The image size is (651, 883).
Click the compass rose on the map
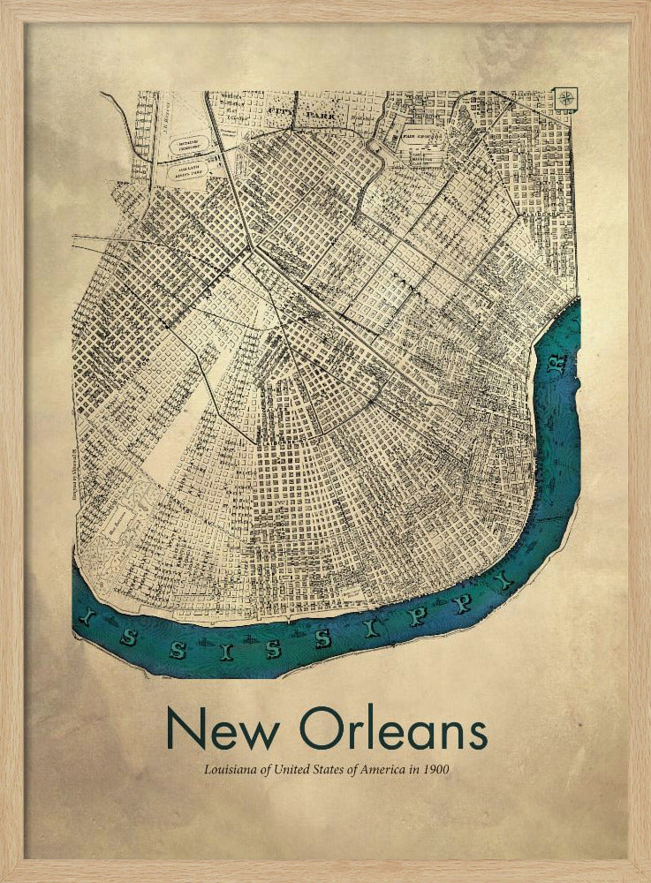click(x=565, y=99)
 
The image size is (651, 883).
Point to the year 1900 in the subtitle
click(x=435, y=770)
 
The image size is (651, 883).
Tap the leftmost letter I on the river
click(x=86, y=622)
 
